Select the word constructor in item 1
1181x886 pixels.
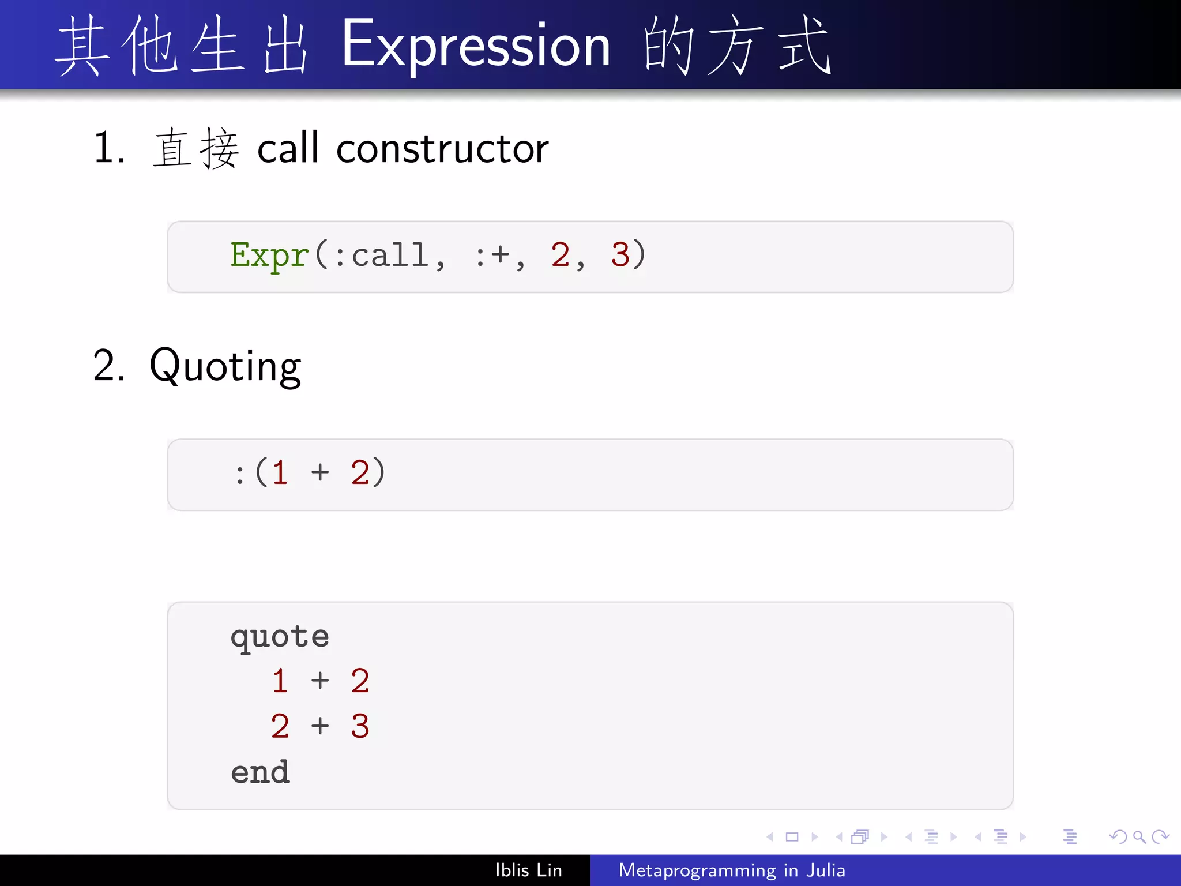pos(442,149)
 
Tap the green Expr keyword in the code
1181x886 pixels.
pos(269,255)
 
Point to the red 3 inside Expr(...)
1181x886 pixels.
pos(620,255)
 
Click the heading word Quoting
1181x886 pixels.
pos(225,366)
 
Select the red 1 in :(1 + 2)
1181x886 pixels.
pos(280,473)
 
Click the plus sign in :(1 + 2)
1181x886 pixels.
pos(320,473)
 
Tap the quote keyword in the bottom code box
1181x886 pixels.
pos(280,637)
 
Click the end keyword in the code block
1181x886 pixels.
pos(260,772)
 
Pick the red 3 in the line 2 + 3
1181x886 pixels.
pos(360,726)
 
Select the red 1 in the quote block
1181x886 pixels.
pos(280,681)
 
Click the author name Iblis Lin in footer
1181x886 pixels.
pos(528,870)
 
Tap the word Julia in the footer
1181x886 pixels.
pos(826,870)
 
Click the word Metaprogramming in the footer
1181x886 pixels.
pos(697,870)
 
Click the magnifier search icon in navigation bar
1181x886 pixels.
pos(1139,836)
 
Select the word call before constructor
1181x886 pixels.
pos(288,149)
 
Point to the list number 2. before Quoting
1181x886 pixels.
pos(108,366)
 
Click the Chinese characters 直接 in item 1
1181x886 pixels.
pos(196,149)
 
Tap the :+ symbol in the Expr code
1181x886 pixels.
pos(492,255)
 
